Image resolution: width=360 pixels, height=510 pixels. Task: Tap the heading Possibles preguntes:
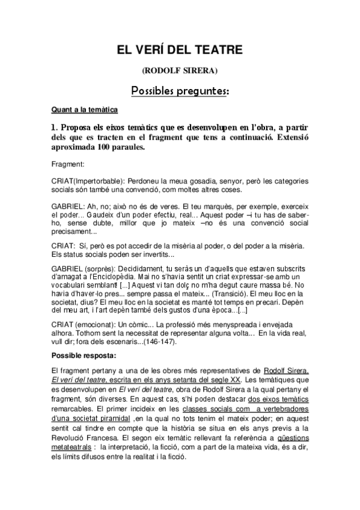click(x=180, y=91)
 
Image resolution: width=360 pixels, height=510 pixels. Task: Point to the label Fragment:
click(x=67, y=164)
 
